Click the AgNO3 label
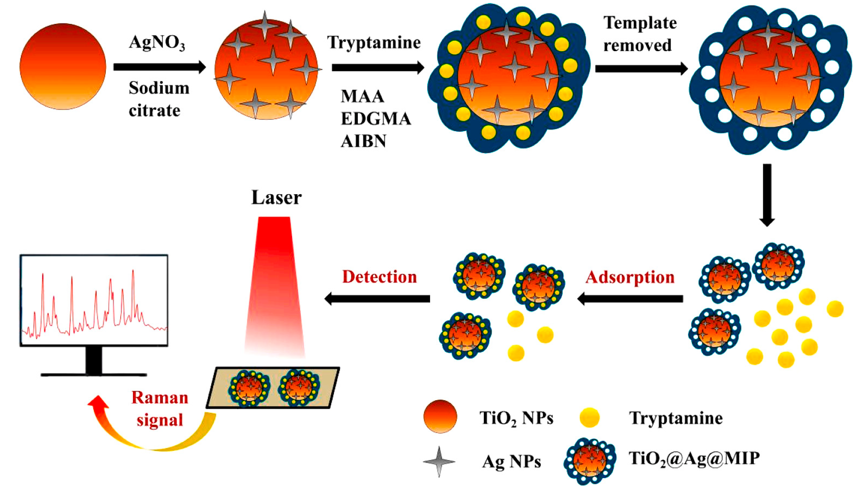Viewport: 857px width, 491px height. pos(157,43)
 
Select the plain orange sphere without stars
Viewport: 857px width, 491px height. pos(63,66)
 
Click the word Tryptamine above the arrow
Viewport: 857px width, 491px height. pos(374,43)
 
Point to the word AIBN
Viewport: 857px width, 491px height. pos(363,141)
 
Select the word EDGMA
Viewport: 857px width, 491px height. pos(376,119)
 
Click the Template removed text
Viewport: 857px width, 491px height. pos(639,34)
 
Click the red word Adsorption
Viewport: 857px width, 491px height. pos(630,278)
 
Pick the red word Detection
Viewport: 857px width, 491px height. pos(380,277)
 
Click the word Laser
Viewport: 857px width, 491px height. pos(276,198)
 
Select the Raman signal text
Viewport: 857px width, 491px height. pos(160,409)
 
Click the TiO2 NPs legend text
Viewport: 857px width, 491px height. pos(516,418)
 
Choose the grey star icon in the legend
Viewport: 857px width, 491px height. pos(439,461)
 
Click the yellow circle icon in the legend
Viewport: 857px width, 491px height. pos(589,417)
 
